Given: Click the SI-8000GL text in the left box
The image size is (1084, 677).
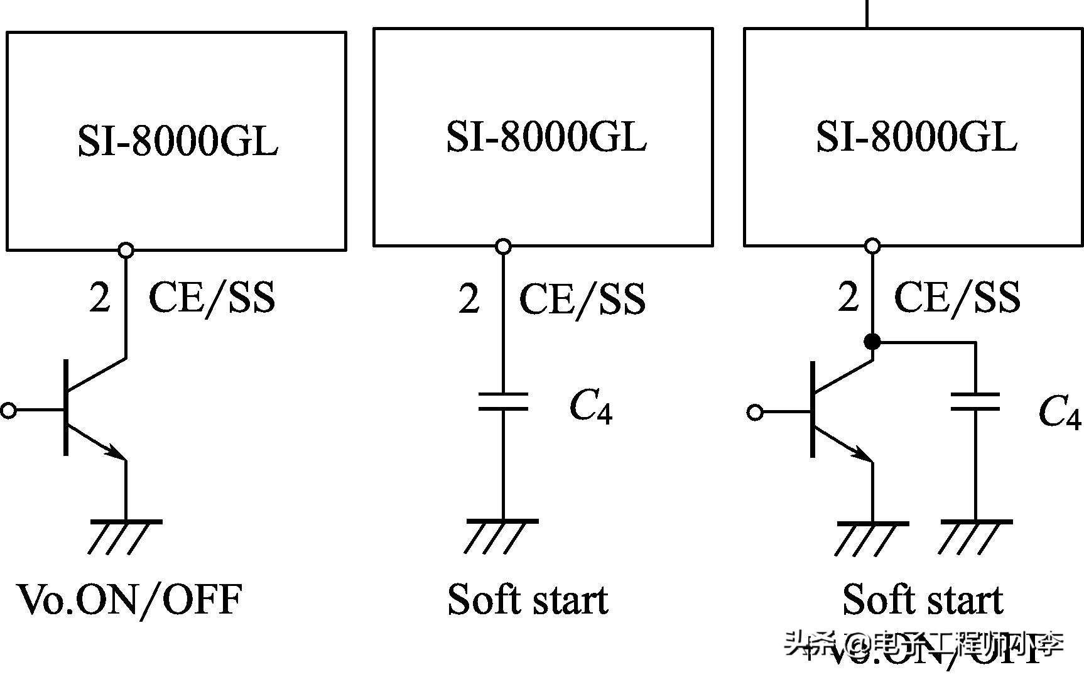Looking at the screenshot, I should coord(178,141).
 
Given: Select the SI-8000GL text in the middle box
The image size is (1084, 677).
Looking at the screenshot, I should coord(546,136).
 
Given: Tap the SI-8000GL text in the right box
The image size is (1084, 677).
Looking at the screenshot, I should coord(916,136).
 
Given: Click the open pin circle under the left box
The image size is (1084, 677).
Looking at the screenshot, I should coord(126,250).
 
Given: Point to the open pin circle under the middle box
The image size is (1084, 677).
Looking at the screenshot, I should coord(503,246).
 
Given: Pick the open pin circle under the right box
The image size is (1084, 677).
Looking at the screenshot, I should coord(872,246).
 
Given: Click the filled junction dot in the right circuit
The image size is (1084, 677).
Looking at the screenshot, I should coord(872,342).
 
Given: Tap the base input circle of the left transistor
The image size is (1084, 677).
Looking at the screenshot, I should coord(8,411).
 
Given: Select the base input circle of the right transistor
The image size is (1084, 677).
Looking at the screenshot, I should coord(756,413).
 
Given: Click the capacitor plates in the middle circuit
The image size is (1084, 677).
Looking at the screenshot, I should coord(503,402).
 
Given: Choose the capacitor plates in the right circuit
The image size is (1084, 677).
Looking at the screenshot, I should coord(975,402).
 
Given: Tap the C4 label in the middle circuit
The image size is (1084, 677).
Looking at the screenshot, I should coord(590,407).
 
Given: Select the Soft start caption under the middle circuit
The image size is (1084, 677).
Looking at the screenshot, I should coord(528,599).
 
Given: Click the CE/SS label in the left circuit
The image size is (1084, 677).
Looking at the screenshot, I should coord(212,298).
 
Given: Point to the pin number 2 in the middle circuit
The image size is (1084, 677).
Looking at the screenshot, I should coord(469,298).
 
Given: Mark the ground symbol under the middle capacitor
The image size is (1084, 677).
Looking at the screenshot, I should coord(502,534).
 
